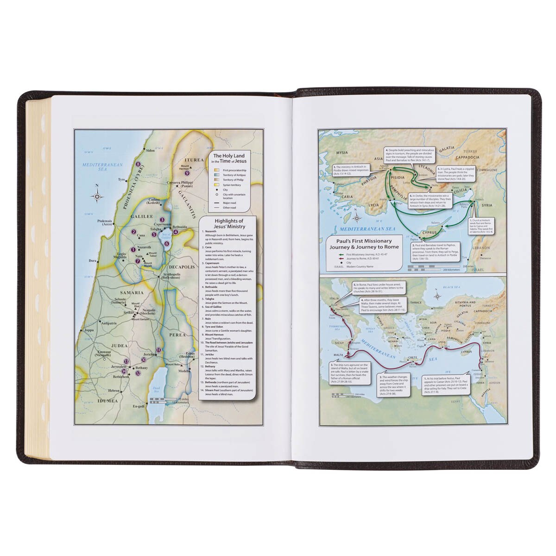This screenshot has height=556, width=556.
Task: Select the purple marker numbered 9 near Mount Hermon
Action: (187, 173)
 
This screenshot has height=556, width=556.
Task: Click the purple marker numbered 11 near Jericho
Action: (158, 350)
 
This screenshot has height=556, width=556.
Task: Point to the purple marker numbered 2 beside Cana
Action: (133, 232)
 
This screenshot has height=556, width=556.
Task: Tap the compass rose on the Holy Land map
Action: (97, 196)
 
